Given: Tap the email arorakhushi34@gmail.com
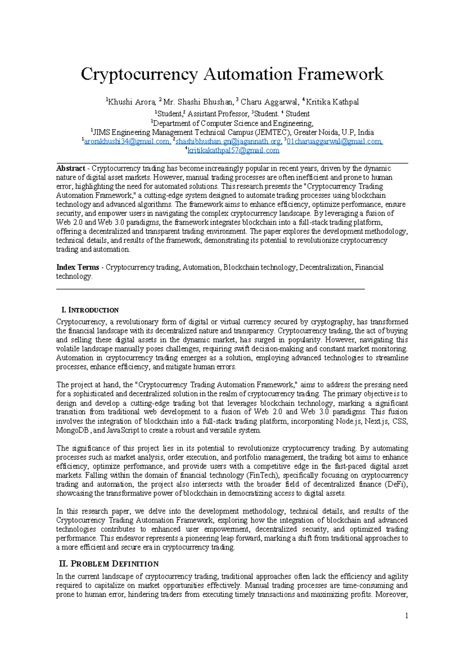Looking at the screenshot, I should (127, 141).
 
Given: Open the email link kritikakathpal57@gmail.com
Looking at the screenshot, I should (233, 150).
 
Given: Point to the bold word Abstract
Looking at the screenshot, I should (71, 169).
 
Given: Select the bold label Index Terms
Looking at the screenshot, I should (77, 267).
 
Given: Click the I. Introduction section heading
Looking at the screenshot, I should (90, 310).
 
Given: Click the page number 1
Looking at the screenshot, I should (406, 616).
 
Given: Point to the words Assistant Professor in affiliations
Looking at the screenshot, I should (218, 114).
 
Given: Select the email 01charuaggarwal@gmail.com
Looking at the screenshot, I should (334, 141).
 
